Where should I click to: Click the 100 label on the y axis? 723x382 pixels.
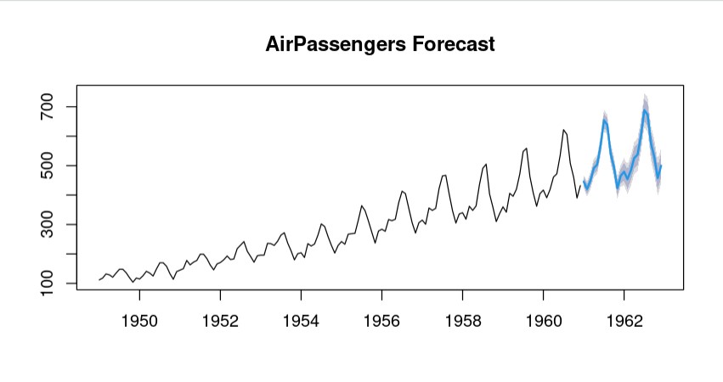48,284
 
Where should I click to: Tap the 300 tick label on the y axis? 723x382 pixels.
48,225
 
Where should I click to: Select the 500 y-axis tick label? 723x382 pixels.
48,166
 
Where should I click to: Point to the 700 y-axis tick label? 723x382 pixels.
48,107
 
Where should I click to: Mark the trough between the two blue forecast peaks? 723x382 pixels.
618,187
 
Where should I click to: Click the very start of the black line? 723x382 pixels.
99,280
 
